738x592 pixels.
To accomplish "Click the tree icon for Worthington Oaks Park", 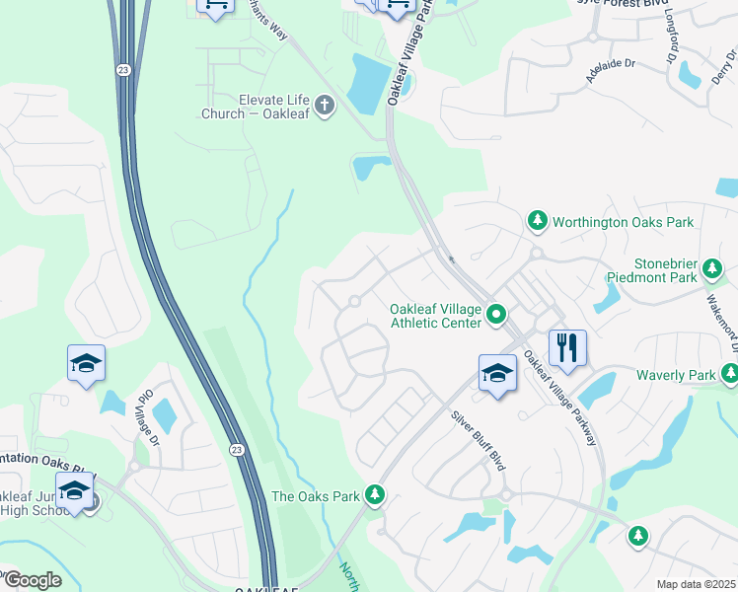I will point(538,221).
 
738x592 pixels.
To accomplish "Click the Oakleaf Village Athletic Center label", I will point(435,315).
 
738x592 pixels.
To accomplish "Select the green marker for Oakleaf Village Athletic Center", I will point(496,316).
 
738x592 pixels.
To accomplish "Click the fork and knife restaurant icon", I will point(566,347).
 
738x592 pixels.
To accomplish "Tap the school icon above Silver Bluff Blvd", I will point(497,373).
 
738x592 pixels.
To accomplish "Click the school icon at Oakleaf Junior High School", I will point(75,490).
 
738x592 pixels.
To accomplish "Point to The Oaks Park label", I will point(315,496).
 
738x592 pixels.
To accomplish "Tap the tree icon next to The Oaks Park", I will point(374,494).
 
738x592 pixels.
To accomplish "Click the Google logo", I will point(33,579).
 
